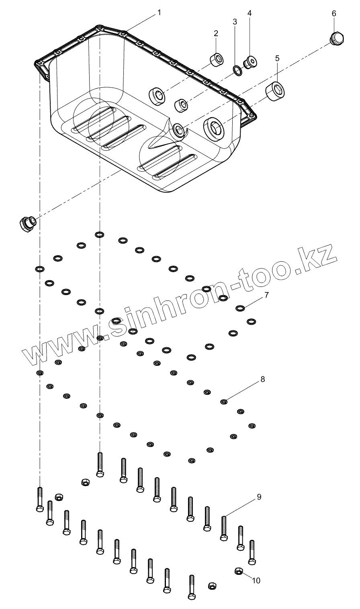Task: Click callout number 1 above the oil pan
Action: pyautogui.click(x=159, y=12)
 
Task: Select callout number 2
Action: pyautogui.click(x=216, y=33)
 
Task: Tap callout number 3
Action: pyautogui.click(x=235, y=22)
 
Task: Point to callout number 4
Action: pyautogui.click(x=250, y=13)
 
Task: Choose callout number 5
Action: pyautogui.click(x=277, y=58)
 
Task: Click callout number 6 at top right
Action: pyautogui.click(x=334, y=13)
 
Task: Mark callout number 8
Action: pyautogui.click(x=263, y=379)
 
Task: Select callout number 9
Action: pyautogui.click(x=259, y=497)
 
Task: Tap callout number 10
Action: pyautogui.click(x=256, y=580)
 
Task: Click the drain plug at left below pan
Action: pyautogui.click(x=27, y=222)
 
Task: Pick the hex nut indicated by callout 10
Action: pyautogui.click(x=238, y=571)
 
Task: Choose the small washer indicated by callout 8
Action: pyautogui.click(x=224, y=401)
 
